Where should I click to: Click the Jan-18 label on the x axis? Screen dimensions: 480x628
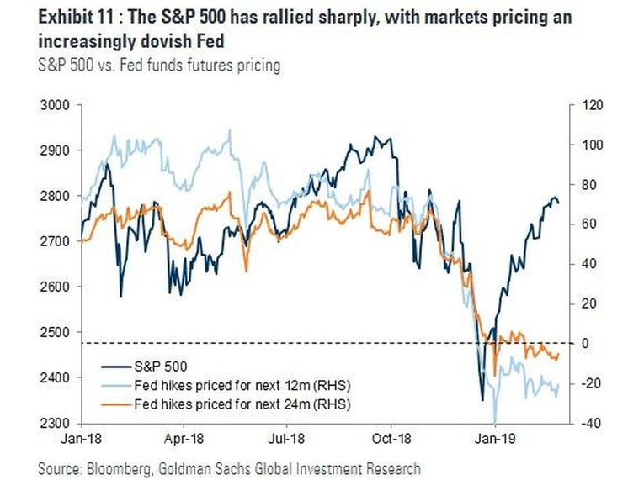coord(81,439)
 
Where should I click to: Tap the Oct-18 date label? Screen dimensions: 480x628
coord(391,439)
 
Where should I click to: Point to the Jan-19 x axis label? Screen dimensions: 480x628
coord(495,439)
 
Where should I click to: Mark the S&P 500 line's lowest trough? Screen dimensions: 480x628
coord(482,400)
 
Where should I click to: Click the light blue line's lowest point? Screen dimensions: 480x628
coord(495,422)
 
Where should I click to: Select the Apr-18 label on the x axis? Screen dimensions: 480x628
coord(183,439)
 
